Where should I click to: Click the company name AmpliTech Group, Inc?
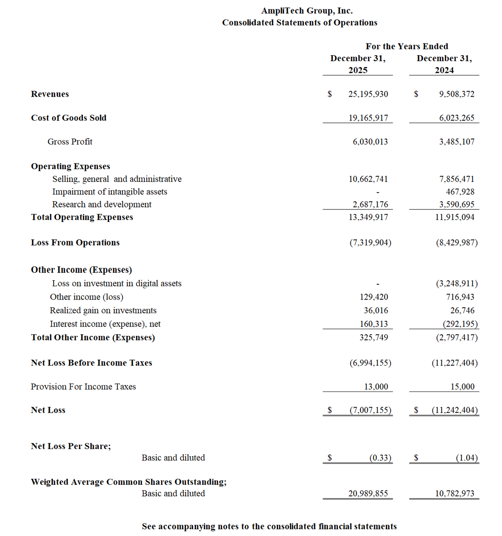tap(307, 11)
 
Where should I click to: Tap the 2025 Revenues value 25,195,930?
tap(368, 94)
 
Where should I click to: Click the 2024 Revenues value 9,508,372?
tap(457, 94)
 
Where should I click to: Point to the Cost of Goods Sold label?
tap(69, 118)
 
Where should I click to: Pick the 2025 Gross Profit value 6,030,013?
tap(370, 142)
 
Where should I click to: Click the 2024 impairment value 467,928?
tap(460, 192)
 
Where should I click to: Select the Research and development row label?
tap(102, 205)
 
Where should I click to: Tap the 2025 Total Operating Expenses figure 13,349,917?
tap(368, 217)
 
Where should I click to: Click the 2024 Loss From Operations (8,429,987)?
tap(457, 243)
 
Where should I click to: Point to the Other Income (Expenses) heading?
tap(81, 270)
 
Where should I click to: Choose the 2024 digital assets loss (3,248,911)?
tap(457, 284)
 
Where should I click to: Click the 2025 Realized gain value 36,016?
tap(376, 310)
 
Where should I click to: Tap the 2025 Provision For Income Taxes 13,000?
tap(376, 387)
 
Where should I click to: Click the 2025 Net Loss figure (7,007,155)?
tap(370, 410)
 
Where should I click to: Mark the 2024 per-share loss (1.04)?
tap(467, 458)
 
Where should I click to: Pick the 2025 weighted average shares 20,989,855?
tap(368, 494)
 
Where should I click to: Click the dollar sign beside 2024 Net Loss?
tap(416, 410)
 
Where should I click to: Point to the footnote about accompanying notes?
tap(269, 527)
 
